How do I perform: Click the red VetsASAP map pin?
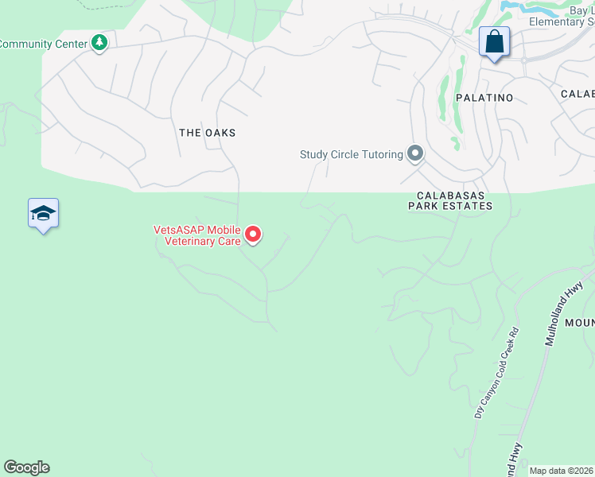(x=253, y=235)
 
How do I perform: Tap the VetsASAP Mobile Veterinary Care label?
(x=197, y=235)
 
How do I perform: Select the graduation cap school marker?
(x=43, y=214)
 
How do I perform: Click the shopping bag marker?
(x=494, y=42)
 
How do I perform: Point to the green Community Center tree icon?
(x=99, y=43)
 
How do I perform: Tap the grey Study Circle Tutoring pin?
(x=414, y=153)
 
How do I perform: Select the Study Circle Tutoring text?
(x=351, y=154)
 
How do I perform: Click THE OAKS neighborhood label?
(x=207, y=133)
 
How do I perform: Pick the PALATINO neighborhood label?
(x=484, y=97)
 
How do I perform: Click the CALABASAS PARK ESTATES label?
(x=449, y=200)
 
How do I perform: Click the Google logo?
(x=26, y=467)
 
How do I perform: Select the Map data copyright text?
(x=562, y=471)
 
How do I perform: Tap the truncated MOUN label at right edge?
(x=579, y=324)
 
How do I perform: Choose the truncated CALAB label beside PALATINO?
(x=577, y=94)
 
